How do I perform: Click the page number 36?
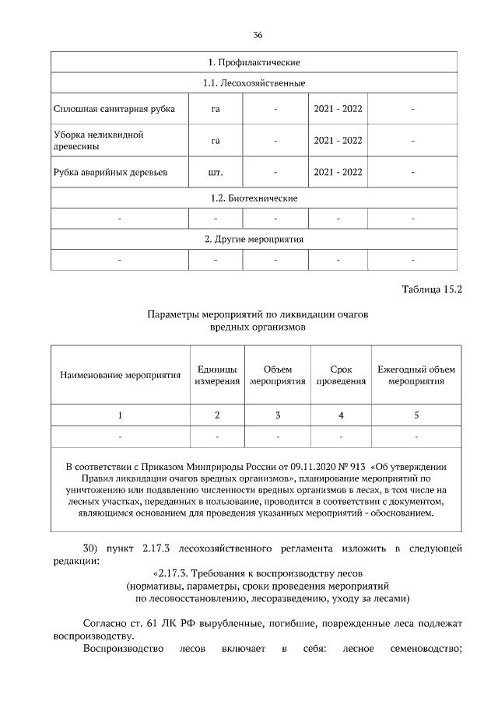[258, 35]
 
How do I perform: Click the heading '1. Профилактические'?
[254, 61]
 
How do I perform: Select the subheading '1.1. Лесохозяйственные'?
[254, 82]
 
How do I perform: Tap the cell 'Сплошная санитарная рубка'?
[114, 109]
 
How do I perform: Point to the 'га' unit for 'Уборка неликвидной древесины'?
[216, 141]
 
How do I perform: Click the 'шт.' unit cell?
[216, 172]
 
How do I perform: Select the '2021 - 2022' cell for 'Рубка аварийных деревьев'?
[338, 172]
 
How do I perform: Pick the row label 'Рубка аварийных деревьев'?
[110, 172]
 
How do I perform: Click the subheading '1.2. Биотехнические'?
[254, 198]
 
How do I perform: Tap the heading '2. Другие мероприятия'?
[254, 239]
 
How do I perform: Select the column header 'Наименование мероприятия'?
[120, 375]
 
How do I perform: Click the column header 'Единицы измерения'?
[217, 375]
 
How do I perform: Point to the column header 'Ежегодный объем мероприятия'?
[416, 375]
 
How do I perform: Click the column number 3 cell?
[277, 415]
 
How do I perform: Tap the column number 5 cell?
[416, 415]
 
